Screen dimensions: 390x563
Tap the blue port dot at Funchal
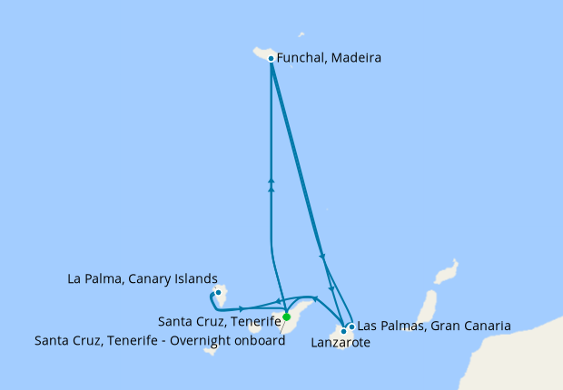(x=272, y=59)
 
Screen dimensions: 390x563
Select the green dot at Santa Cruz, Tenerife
(x=286, y=317)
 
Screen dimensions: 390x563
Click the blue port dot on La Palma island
(x=219, y=293)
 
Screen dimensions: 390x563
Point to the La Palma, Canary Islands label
(x=143, y=278)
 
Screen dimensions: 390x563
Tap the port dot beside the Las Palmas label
(x=351, y=326)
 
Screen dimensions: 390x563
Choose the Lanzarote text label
(x=341, y=343)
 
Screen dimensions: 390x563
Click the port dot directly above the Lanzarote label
(x=343, y=331)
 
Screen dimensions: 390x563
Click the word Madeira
(x=356, y=58)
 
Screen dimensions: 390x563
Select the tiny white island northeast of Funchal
(x=301, y=34)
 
